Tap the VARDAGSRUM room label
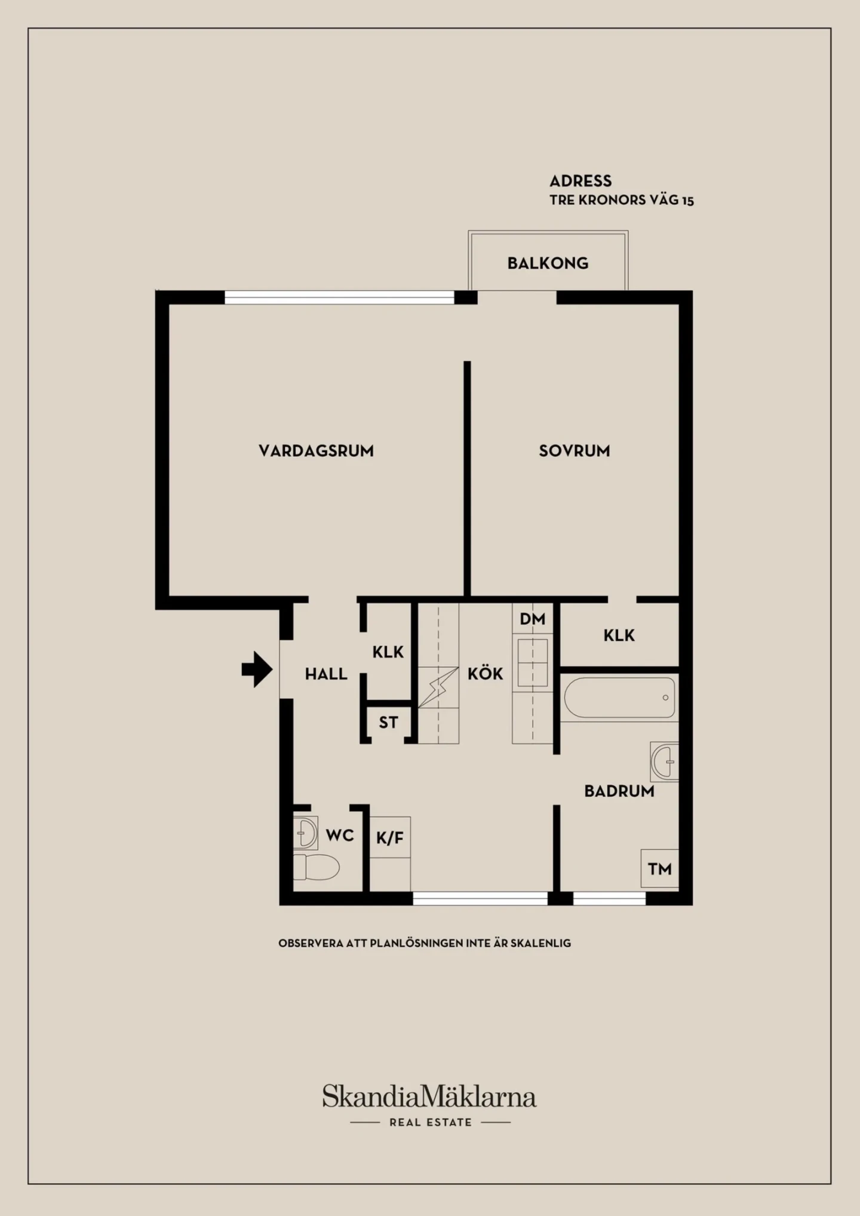316,451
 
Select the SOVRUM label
575,451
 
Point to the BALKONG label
548,263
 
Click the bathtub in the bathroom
619,698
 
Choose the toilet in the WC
317,867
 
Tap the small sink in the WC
305,833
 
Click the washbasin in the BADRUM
665,761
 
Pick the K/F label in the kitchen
390,838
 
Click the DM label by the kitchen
532,619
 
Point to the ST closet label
388,723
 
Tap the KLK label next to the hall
388,652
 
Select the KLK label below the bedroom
619,635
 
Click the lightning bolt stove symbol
434,687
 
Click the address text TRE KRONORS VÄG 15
622,200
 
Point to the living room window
339,297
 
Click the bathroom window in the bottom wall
609,898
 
